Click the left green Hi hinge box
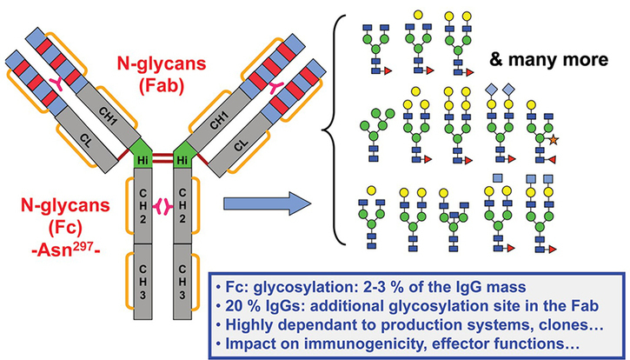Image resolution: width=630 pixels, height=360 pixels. click(x=143, y=161)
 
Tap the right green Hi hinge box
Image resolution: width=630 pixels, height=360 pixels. click(x=182, y=161)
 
